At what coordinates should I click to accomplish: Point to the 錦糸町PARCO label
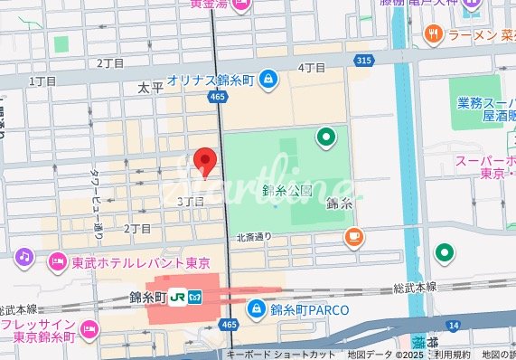tap(304, 309)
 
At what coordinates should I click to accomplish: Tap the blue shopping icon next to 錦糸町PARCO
tap(257, 309)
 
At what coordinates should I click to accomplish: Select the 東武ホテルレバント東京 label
tap(140, 262)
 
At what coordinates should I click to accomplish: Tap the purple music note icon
tap(24, 258)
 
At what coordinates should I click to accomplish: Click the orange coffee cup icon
tap(353, 238)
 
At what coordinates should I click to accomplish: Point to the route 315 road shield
tap(363, 60)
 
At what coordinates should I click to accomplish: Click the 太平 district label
tap(150, 89)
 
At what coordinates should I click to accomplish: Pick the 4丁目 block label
tap(312, 68)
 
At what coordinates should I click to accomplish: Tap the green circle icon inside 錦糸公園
tap(324, 137)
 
